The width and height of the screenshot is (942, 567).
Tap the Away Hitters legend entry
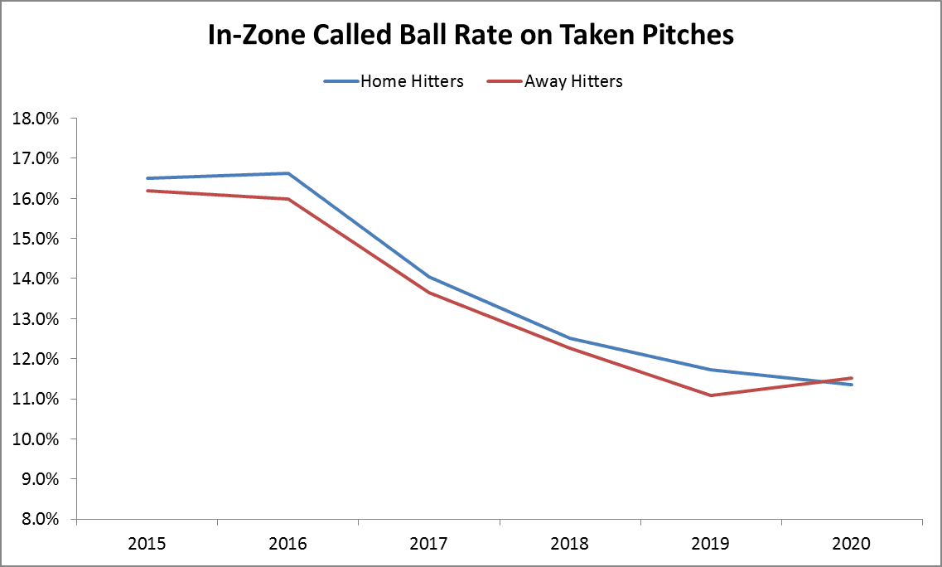[572, 81]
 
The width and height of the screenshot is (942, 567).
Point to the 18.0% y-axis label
[36, 119]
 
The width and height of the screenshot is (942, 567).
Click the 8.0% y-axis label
[39, 520]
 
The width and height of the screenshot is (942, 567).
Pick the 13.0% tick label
[36, 319]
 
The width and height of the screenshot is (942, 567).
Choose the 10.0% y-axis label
[36, 439]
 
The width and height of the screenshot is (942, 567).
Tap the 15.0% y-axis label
[36, 239]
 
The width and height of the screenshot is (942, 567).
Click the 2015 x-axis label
[147, 544]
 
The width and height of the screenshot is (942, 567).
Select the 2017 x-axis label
[429, 544]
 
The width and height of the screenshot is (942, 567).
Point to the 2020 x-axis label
[852, 544]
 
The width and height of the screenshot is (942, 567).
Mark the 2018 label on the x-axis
[570, 544]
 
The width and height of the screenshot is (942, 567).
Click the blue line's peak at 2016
[287, 173]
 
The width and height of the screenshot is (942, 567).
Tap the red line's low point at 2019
[711, 395]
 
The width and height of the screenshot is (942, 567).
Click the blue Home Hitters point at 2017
[429, 277]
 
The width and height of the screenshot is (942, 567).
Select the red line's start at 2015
[147, 191]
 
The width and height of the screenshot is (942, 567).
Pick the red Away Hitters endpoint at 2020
[852, 378]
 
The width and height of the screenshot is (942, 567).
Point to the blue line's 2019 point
[711, 370]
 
